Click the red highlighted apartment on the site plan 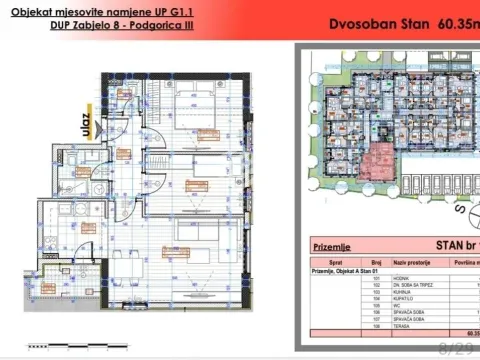(378, 158)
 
